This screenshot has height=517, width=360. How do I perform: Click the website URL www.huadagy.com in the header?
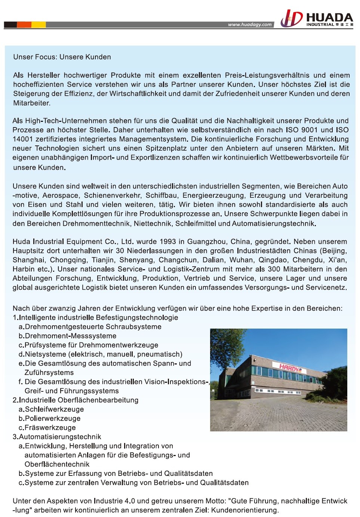point(250,25)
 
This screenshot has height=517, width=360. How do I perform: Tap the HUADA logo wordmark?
point(329,18)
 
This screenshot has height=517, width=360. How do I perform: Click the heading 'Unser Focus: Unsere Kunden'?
point(62,57)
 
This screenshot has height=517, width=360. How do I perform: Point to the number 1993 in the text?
point(167,241)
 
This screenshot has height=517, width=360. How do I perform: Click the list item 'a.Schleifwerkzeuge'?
point(51,409)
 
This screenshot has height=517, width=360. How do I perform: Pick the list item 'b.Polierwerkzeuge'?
point(50,418)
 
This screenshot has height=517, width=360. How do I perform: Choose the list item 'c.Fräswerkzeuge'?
point(47,428)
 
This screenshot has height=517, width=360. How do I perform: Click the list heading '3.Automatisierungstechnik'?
point(57,437)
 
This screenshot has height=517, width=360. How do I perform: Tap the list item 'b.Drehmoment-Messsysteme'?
point(68,336)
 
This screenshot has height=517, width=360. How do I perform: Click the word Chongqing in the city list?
point(68,260)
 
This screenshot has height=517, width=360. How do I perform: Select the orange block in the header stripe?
point(24,25)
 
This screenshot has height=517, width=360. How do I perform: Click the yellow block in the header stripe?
point(39,25)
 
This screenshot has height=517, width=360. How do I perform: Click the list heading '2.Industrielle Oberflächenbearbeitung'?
point(76,400)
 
